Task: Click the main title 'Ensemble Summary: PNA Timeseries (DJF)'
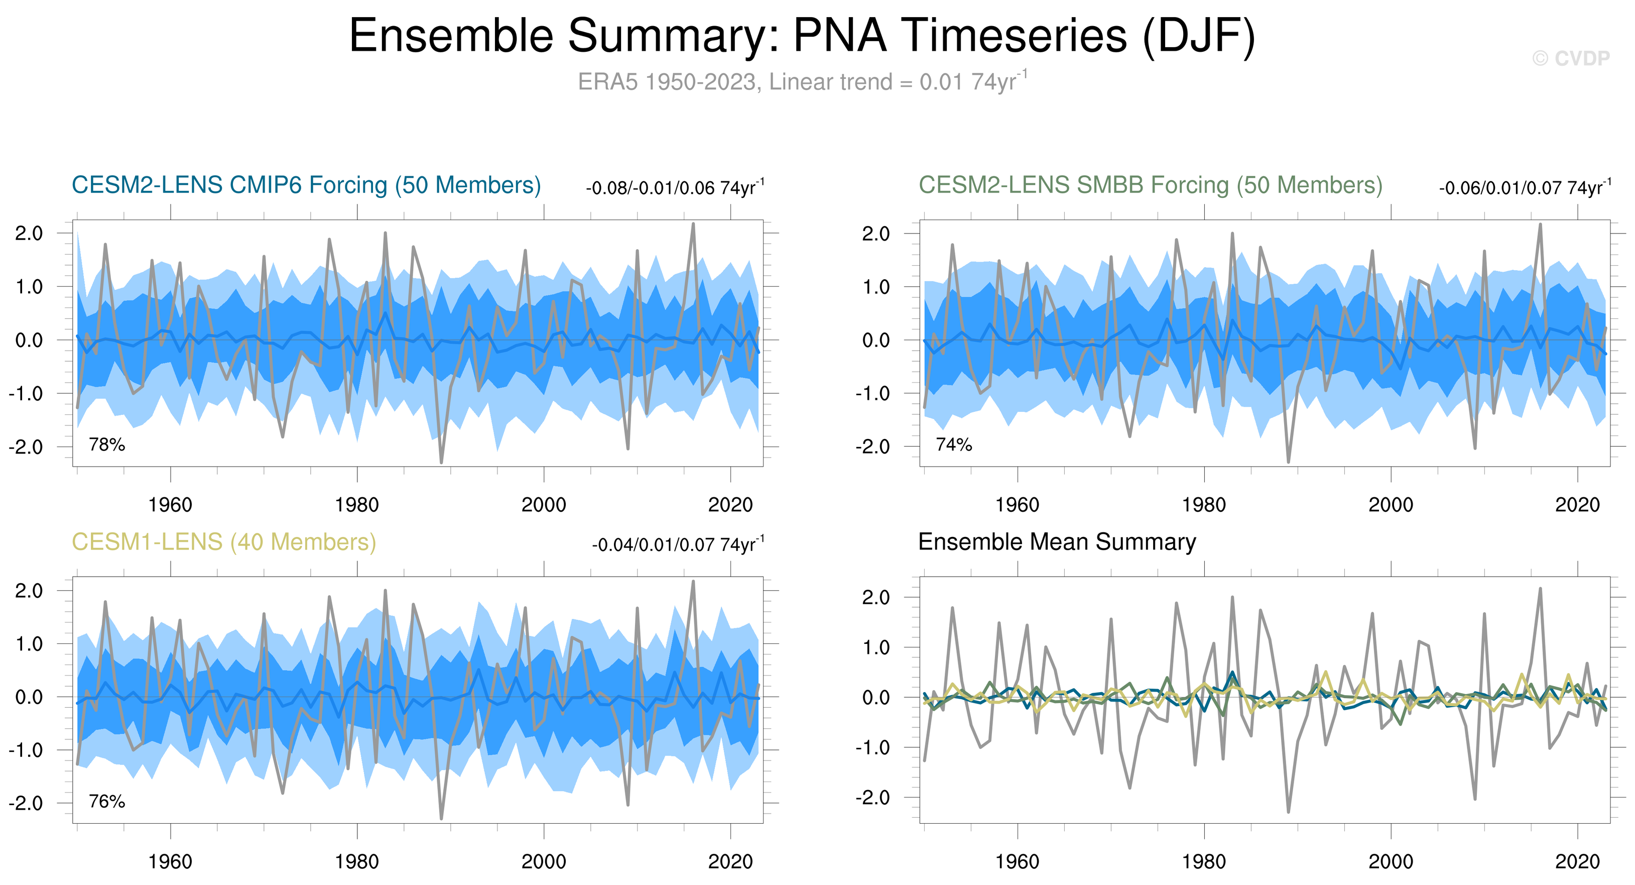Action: coord(802,36)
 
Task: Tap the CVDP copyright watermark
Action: coord(1571,58)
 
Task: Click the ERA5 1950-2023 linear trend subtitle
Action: coord(802,82)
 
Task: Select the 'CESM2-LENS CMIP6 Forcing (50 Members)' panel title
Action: coord(306,185)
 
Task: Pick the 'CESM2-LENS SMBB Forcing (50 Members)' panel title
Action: coord(1150,185)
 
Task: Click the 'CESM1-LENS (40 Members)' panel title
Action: coord(223,542)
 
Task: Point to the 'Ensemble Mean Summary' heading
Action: coord(1057,542)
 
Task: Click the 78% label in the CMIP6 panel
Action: coord(106,445)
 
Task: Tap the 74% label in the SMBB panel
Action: coord(953,445)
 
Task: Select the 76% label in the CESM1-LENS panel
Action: coord(106,801)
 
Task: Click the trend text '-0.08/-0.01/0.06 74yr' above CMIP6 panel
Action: coord(675,188)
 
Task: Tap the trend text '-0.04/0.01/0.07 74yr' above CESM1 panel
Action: coord(677,545)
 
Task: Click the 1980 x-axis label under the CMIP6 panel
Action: coord(357,505)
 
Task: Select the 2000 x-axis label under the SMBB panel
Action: coord(1391,505)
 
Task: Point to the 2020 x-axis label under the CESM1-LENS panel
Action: coord(730,862)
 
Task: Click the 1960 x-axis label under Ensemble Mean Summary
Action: coord(1017,862)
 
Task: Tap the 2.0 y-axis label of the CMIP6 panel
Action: coord(29,234)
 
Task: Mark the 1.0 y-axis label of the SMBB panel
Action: coord(876,287)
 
